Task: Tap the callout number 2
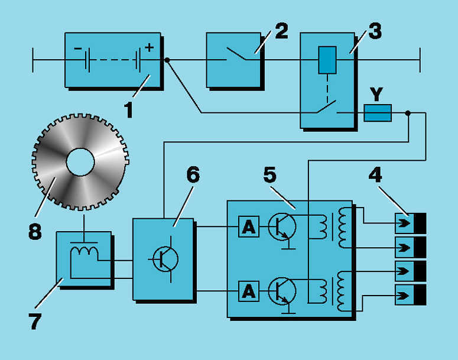[281, 30]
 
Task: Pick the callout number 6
[193, 176]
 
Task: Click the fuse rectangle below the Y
[377, 113]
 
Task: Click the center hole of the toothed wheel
[80, 161]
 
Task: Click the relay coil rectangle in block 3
[327, 60]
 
